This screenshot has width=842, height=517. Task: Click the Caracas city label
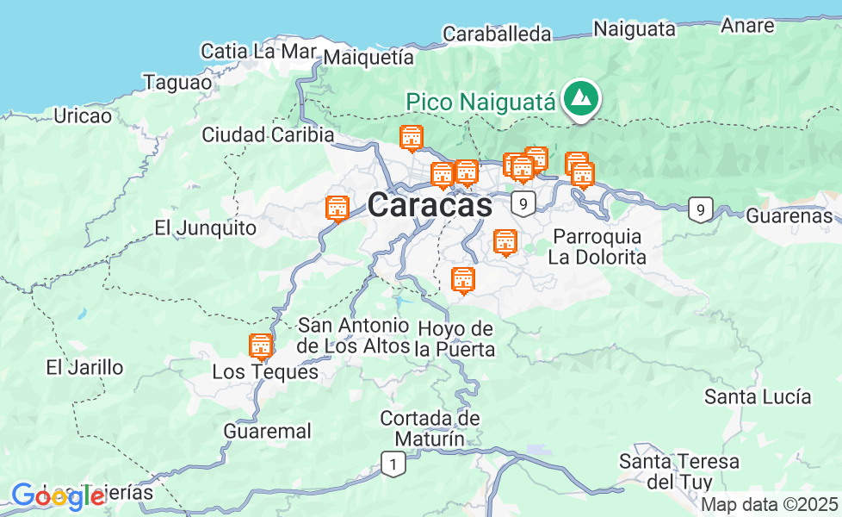tap(430, 206)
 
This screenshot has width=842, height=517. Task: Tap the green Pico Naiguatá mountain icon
tap(581, 99)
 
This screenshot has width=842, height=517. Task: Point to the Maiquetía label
tap(369, 58)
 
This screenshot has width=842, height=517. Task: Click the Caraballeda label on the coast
tap(497, 34)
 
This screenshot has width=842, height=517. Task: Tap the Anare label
tap(747, 25)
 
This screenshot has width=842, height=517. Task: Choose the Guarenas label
tap(789, 215)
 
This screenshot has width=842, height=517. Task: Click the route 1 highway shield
tap(393, 464)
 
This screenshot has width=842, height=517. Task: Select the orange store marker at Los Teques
tap(260, 346)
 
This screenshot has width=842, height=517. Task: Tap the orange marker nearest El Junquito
tap(337, 209)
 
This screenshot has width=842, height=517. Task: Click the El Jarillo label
tap(84, 367)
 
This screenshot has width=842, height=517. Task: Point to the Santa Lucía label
tap(758, 396)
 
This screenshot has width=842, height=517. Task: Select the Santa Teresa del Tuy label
tap(679, 471)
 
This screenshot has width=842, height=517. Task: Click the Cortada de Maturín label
tap(430, 428)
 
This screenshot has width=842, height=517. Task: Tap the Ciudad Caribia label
tap(268, 134)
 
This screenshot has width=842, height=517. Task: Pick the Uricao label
tap(83, 115)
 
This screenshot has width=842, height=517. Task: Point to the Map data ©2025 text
tap(769, 504)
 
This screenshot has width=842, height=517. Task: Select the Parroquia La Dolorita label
tap(598, 246)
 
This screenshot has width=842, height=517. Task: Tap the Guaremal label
tap(267, 431)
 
